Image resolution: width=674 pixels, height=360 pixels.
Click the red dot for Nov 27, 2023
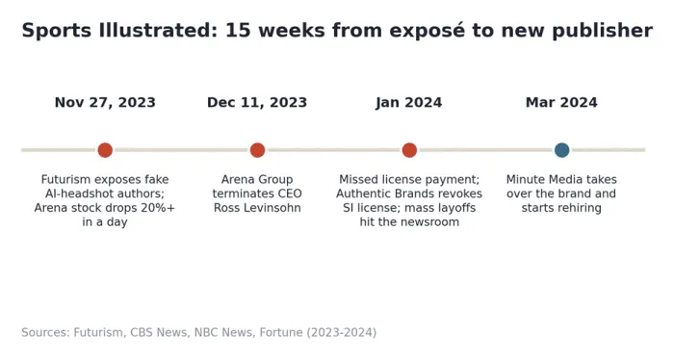pos(105,150)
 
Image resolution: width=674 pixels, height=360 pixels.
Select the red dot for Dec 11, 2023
pos(257,150)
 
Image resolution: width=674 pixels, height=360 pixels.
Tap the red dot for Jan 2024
pos(409,150)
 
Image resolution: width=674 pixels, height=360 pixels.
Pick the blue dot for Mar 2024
pos(561,150)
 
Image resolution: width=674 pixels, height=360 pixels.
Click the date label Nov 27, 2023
pos(105,103)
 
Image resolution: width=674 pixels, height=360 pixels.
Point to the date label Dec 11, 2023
pos(257,103)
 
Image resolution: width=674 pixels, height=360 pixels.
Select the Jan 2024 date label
pos(409,103)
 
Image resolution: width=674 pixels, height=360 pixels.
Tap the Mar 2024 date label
pos(561,103)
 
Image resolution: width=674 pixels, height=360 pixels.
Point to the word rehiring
pos(582,208)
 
